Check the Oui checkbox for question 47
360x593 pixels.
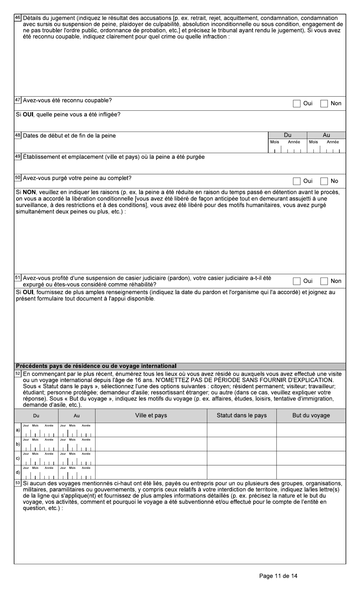tap(296, 104)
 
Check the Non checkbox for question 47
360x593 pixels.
tap(324, 104)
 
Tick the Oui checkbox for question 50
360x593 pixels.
tap(296, 181)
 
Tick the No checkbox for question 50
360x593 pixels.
tap(324, 181)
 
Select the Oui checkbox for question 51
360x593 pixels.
tap(296, 281)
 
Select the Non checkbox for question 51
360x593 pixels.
tap(324, 281)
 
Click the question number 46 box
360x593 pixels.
tap(18, 18)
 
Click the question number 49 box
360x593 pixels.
tap(18, 157)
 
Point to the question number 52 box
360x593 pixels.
tap(18, 374)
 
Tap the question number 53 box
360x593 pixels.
tap(18, 483)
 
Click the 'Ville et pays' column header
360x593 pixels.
tap(151, 416)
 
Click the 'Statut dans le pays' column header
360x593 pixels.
tap(241, 416)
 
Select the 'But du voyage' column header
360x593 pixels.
tap(311, 416)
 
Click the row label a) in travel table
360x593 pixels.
tap(17, 430)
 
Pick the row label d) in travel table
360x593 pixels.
tap(17, 472)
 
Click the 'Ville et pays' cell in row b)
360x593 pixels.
tap(151, 444)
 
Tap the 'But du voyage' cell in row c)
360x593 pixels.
tap(311, 458)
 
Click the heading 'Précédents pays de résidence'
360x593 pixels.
tap(96, 366)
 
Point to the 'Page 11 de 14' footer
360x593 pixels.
tap(278, 576)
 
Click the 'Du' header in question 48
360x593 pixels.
tap(288, 135)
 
